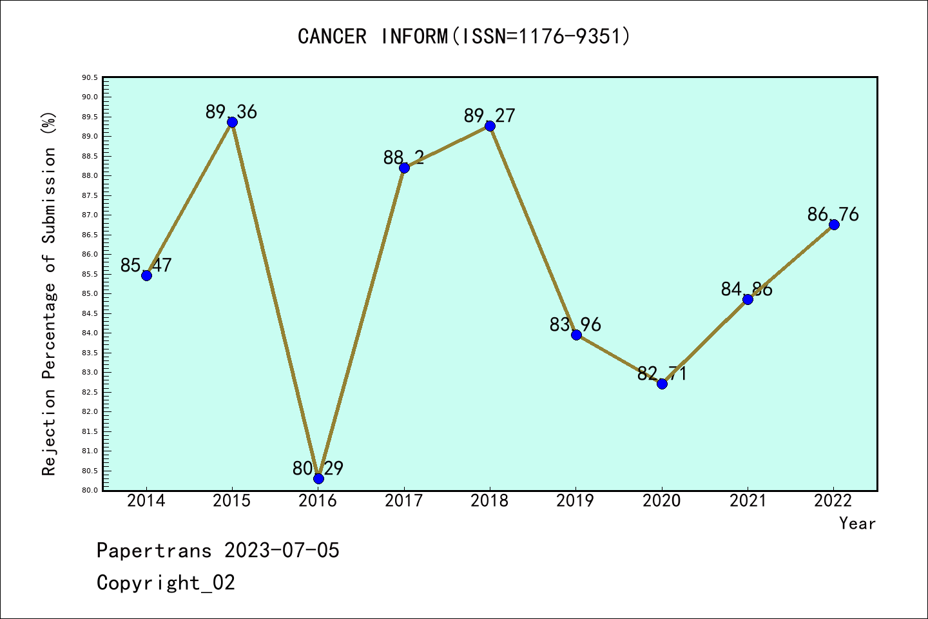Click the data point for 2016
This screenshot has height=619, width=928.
[x=318, y=478]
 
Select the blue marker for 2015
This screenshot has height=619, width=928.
[x=232, y=122]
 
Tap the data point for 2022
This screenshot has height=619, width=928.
[x=834, y=224]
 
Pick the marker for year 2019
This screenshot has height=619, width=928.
[x=576, y=335]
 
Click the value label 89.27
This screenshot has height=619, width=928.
[x=490, y=115]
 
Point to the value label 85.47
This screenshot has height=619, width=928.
[x=146, y=265]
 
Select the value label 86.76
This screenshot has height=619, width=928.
[x=833, y=214]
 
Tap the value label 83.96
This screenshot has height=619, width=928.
[x=575, y=324]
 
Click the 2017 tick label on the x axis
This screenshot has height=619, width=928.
[x=404, y=501]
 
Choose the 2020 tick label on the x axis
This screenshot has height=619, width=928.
[x=662, y=501]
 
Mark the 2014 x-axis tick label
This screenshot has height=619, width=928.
[x=146, y=501]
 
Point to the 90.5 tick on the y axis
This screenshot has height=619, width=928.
[x=90, y=77]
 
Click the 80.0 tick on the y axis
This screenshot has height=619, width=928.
[x=90, y=490]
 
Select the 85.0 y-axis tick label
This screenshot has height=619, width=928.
[x=90, y=293]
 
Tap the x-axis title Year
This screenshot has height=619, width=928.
[x=857, y=524]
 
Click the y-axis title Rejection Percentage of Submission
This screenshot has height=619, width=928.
[x=49, y=293]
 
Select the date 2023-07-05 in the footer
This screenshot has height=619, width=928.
[x=282, y=551]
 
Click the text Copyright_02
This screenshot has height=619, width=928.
[x=166, y=583]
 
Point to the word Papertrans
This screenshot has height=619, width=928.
[x=154, y=551]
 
